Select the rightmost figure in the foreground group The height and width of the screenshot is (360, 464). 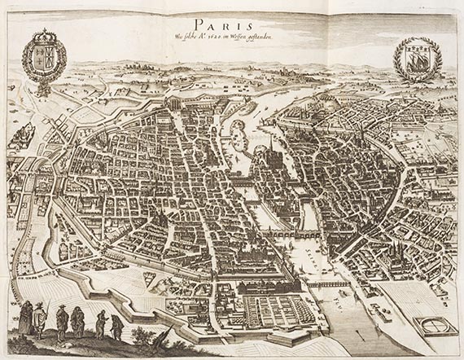pos(116,327)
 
